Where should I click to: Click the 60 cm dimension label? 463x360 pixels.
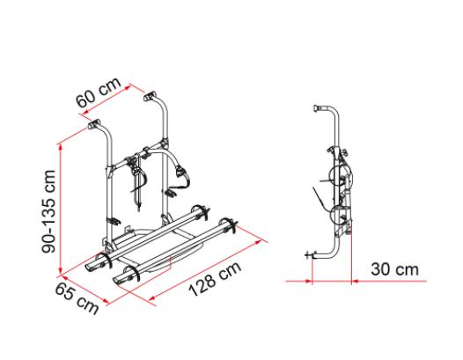99,92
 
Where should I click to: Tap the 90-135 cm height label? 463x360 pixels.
48,211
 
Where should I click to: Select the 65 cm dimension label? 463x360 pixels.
77,298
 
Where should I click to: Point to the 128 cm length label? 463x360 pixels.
215,279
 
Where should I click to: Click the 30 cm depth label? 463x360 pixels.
395,269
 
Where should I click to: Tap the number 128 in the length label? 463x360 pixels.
203,284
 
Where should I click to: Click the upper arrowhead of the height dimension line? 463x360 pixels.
60,148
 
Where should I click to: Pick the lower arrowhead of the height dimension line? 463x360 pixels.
61,270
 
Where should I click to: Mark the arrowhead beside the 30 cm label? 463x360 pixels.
356,281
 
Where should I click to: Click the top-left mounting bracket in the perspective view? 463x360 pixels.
93,123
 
